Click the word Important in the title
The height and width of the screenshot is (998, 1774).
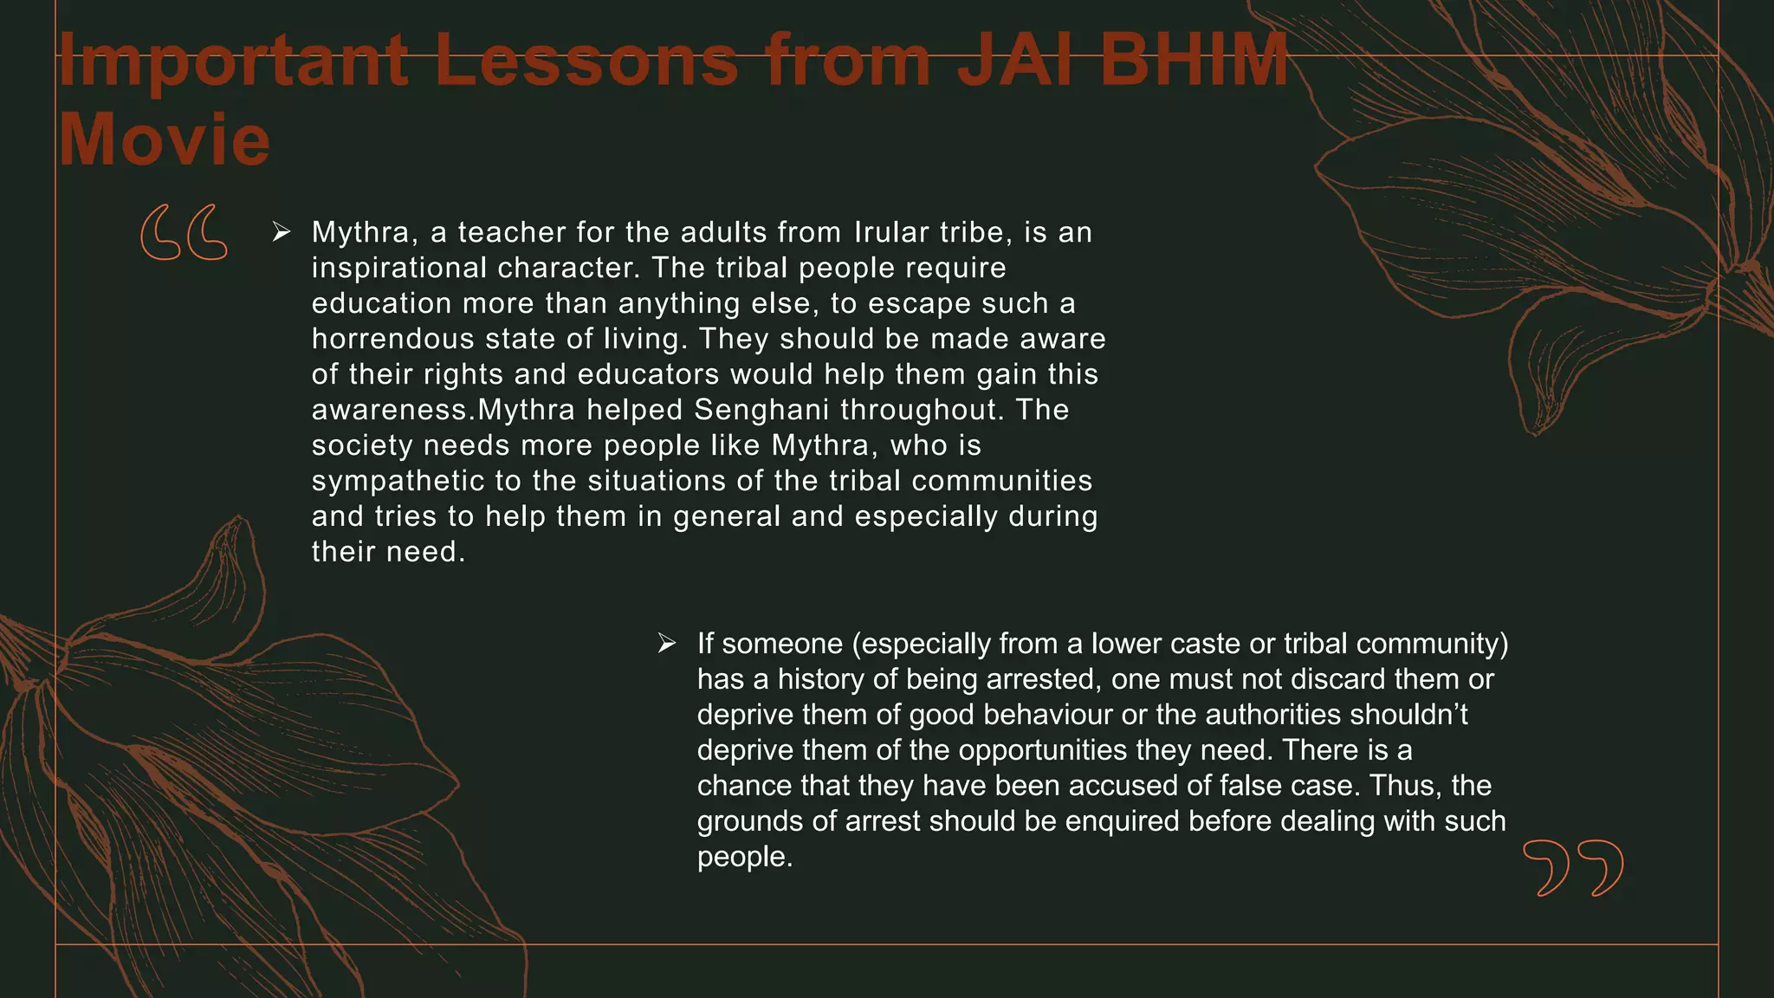(233, 61)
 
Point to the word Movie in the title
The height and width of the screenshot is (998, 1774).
(165, 139)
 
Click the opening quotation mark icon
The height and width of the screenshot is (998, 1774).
(184, 232)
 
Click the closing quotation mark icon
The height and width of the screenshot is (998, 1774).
(1573, 867)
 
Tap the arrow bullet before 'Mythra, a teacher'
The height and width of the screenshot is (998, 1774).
(281, 231)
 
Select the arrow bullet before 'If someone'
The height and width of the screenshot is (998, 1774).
(666, 643)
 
